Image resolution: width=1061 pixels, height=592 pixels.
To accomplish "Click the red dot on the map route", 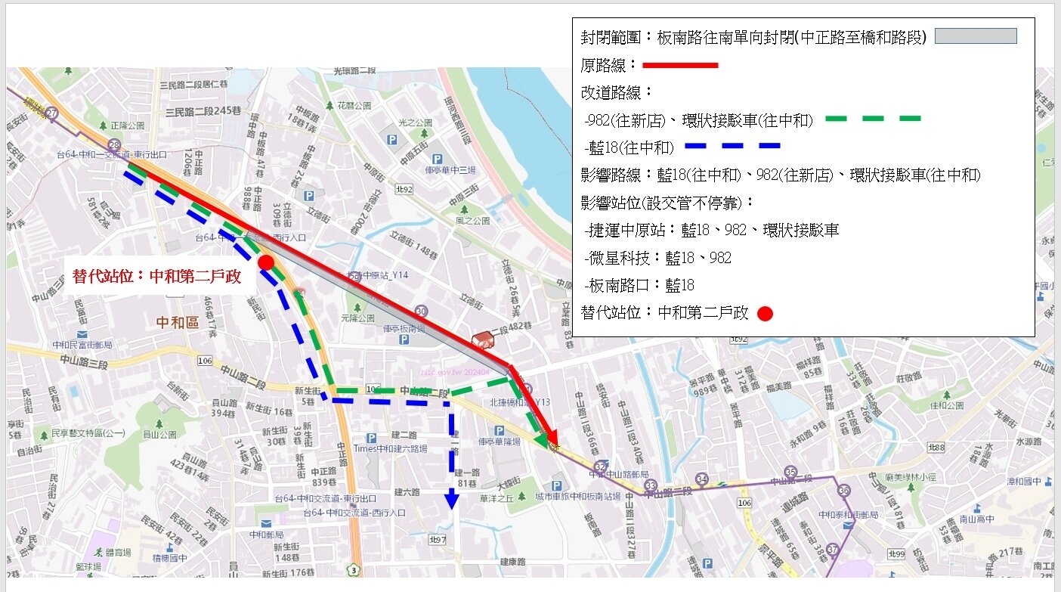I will coord(265,262).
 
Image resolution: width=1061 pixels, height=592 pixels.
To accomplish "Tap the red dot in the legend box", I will coord(765,314).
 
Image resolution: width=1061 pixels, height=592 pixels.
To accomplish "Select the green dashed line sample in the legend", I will coord(873,119).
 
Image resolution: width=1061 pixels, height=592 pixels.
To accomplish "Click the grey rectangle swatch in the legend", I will coord(976,36).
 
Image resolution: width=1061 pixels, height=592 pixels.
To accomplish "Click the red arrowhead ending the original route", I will coord(552,440).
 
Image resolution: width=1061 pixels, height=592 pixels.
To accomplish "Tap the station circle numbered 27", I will coord(51,113).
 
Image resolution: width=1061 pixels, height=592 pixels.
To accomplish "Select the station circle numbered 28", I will coord(114,145).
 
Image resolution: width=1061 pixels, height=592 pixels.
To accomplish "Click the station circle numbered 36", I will coord(844,490).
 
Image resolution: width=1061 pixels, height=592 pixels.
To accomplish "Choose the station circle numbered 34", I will coord(702,479).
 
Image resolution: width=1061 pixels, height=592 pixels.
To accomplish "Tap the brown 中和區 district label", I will coord(178,323).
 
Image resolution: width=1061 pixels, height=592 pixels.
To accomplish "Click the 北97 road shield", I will coord(438,539).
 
